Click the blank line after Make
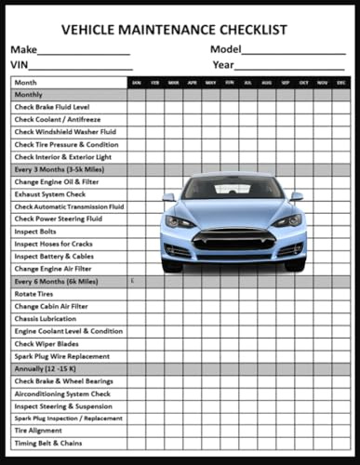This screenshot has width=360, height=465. [84, 53]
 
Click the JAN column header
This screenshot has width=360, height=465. [136, 83]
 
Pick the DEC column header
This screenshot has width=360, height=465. [341, 83]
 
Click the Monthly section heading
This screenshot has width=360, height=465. [29, 95]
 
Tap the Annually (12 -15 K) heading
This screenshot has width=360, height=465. [46, 369]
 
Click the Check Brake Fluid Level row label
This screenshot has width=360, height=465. [52, 107]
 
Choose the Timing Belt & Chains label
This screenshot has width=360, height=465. [48, 444]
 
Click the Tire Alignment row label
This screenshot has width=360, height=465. [38, 431]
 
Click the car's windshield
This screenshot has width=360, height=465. [233, 190]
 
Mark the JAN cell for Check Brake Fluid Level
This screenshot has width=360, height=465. [136, 107]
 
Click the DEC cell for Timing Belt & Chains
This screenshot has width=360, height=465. [341, 444]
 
